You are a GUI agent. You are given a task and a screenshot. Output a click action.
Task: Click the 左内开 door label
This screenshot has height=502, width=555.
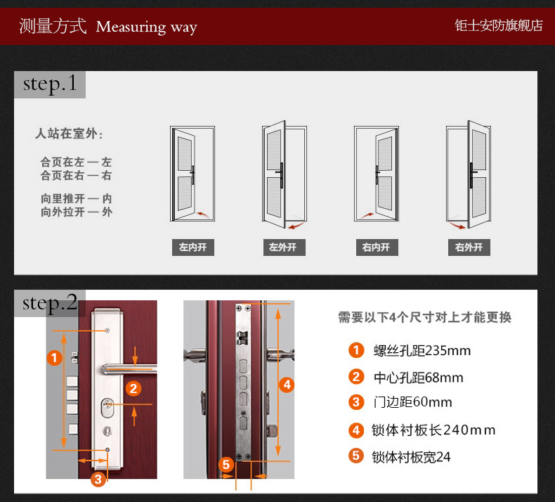[x=193, y=247]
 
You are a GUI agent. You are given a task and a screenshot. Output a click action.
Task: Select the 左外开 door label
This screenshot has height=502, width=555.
[x=285, y=247]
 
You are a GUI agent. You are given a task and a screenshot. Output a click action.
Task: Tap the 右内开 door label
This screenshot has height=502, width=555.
[x=377, y=247]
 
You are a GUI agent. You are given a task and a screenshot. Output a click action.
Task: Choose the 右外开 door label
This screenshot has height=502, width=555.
[x=469, y=247]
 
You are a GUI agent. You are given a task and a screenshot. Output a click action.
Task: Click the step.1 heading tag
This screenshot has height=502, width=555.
[x=50, y=84]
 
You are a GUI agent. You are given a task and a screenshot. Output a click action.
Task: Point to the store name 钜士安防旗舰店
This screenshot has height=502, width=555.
[x=499, y=25]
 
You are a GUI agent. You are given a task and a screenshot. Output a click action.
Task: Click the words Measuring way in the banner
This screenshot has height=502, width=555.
[x=147, y=27]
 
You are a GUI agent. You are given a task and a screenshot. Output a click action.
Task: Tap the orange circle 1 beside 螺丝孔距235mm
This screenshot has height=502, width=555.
[x=356, y=350]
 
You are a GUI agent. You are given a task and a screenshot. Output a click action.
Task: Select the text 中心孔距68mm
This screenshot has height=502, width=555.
[x=419, y=378]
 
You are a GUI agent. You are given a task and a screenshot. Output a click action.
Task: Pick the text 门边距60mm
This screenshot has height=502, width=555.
[x=412, y=402]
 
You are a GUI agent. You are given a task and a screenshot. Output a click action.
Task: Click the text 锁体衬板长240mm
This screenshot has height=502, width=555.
[x=433, y=430]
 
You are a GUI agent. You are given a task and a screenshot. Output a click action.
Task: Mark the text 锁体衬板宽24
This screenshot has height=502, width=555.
[x=411, y=457]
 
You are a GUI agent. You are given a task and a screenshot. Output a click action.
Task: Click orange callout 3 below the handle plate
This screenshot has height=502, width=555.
[x=98, y=480]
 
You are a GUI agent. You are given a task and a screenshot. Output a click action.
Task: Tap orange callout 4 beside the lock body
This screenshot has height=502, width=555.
[x=287, y=385]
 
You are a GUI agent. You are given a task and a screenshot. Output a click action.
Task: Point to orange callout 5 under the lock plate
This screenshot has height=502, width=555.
[x=226, y=465]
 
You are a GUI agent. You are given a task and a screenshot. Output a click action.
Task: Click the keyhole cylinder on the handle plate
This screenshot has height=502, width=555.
[x=107, y=408]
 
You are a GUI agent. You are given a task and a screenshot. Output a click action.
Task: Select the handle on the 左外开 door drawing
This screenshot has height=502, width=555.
[x=281, y=174]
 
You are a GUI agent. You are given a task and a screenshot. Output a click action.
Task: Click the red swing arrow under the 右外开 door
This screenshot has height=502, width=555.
[x=457, y=225]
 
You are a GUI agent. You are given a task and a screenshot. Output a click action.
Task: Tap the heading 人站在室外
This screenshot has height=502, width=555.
[x=69, y=134]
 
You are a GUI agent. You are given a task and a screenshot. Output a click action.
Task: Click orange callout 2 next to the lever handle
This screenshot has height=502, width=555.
[x=133, y=389]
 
